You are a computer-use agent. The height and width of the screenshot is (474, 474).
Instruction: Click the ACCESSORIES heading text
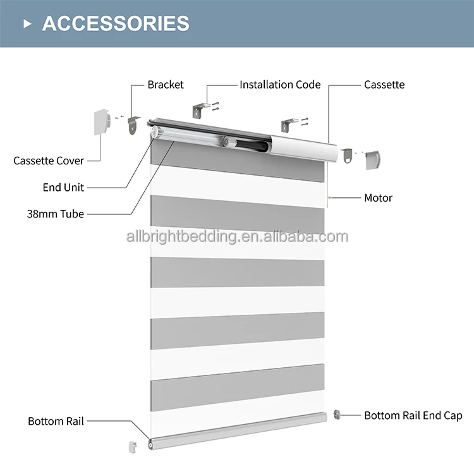coord(116,23)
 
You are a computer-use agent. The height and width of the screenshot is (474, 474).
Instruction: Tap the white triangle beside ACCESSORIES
coord(27,24)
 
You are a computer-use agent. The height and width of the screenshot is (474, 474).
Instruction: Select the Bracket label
coord(166,85)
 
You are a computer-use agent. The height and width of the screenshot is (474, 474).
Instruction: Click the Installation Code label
coord(280,85)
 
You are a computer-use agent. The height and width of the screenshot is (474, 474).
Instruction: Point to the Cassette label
coord(384,85)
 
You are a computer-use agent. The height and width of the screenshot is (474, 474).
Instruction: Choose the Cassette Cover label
coord(49,161)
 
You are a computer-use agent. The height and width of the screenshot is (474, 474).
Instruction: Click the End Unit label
coord(63,187)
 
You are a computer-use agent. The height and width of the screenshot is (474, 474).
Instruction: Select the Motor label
coord(378,198)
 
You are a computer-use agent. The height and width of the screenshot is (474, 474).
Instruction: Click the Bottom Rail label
coord(56,421)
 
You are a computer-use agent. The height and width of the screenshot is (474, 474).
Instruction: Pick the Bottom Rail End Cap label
coord(413,415)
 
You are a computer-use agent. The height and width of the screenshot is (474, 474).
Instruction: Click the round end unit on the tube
coord(155,131)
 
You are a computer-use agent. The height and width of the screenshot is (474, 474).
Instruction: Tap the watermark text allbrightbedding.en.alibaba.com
coord(236,237)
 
